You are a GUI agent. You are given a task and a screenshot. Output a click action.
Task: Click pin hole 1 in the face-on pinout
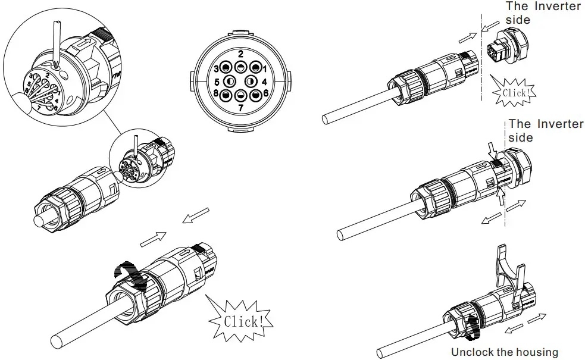click(256, 67)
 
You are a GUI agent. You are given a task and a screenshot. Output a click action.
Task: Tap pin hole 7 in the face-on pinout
click(241, 95)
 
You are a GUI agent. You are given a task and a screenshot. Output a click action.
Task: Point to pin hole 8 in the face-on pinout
click(226, 94)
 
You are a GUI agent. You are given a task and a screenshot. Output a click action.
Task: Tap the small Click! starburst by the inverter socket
click(515, 93)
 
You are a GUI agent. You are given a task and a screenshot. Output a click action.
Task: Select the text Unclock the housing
click(505, 352)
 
